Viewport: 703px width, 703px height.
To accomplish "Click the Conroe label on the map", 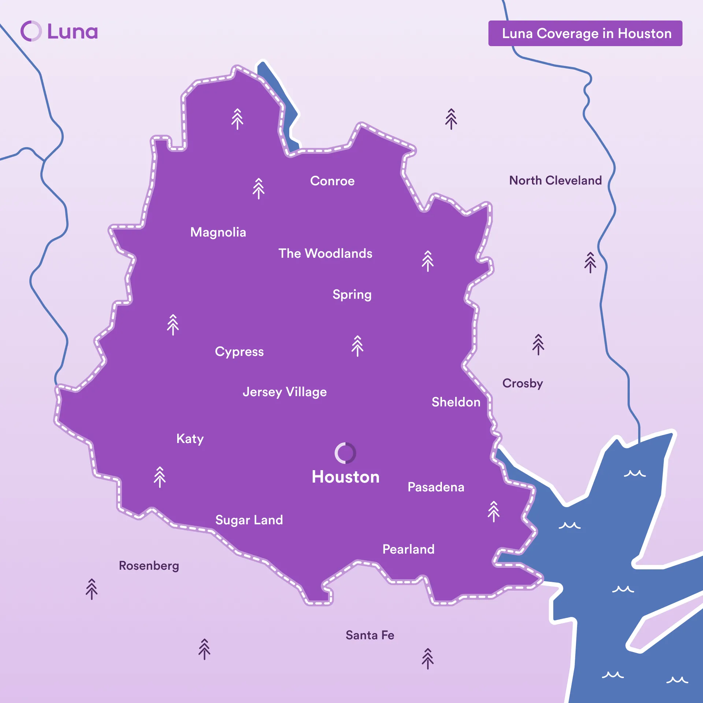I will pos(332,181).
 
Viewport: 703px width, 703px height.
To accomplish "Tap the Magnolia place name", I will pos(218,232).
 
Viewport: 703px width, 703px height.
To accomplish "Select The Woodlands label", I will pos(325,253).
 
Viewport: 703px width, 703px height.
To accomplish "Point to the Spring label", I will pos(352,295).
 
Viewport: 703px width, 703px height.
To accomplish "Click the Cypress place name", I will pos(239,352).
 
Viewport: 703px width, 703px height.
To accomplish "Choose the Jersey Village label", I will pos(284,392).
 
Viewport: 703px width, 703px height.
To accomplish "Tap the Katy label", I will pos(190,439).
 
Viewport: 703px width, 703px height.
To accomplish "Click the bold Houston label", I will pos(345,477).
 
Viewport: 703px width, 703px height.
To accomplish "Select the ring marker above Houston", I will pos(345,453).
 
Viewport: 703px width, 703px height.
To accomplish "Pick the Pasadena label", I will pos(436,487).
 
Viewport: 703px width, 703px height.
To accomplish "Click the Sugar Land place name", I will pos(249,520).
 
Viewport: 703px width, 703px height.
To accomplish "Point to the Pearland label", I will pos(408,549).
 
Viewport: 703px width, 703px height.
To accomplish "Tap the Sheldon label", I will pos(456,402).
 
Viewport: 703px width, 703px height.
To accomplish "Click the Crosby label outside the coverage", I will pos(522,383).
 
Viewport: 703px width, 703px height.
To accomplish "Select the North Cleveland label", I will pos(555,181).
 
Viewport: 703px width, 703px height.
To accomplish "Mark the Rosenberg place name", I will pos(149,566).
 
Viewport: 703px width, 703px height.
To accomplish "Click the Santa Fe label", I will pos(370,635).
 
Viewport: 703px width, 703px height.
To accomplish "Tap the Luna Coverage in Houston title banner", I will pos(585,33).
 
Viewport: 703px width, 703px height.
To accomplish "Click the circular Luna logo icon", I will pos(31,31).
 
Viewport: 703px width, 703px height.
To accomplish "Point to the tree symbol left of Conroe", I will pos(258,188).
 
